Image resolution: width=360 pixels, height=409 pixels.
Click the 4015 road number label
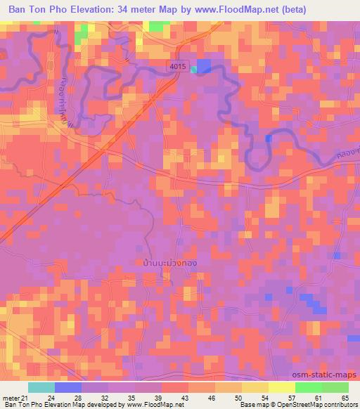[x=178, y=65]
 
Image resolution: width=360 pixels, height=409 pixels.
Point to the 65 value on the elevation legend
[x=344, y=398]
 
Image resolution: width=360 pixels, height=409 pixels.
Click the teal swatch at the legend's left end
[x=41, y=387]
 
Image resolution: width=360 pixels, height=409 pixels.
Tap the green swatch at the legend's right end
[x=335, y=387]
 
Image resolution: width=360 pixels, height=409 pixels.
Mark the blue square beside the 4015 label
[x=203, y=65]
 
